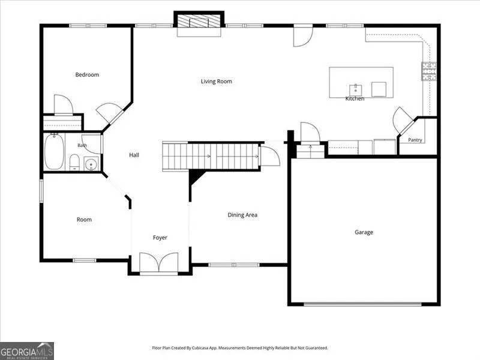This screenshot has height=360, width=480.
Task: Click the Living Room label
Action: [x=217, y=81]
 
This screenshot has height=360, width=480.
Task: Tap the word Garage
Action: [x=364, y=232]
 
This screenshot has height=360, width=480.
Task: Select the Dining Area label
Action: [x=242, y=215]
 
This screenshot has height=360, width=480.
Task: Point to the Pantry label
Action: [x=415, y=140]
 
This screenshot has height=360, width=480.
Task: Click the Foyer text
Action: [x=160, y=238]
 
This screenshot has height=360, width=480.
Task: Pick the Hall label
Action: [x=134, y=155]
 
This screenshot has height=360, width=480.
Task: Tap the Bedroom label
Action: [x=87, y=74]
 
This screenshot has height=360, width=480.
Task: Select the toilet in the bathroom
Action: [x=74, y=162]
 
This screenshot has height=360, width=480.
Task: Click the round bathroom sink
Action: [x=91, y=164]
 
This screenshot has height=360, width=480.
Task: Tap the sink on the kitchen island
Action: [x=355, y=91]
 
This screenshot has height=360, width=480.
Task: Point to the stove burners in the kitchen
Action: [x=429, y=71]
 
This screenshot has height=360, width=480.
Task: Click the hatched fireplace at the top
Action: [x=199, y=21]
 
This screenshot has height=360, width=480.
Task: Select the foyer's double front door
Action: [x=159, y=262]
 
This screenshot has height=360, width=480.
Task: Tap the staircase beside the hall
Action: [x=211, y=156]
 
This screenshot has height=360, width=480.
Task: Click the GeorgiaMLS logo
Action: [x=27, y=351]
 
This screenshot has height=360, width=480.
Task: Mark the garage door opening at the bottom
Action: [x=363, y=304]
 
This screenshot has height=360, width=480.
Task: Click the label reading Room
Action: [x=84, y=220]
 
